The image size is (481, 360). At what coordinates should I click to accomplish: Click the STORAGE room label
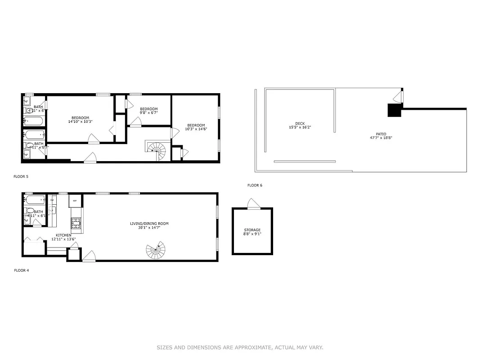(252, 230)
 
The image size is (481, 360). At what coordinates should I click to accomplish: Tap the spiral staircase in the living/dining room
(156, 250)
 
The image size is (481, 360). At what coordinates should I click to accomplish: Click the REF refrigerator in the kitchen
(75, 200)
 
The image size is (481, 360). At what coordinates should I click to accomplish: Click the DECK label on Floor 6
(300, 123)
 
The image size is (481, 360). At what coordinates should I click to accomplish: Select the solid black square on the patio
(394, 110)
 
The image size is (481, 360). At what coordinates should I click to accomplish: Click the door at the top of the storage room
(253, 205)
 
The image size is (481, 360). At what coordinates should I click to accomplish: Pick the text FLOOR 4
(21, 270)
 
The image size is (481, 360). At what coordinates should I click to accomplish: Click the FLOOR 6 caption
(255, 185)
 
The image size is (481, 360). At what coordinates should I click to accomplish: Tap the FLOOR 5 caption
(21, 176)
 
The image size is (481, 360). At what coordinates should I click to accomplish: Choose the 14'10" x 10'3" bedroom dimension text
(80, 121)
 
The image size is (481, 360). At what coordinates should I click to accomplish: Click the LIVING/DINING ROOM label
(149, 224)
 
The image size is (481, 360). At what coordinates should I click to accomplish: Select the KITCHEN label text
(63, 235)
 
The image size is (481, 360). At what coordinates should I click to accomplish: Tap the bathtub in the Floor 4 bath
(35, 199)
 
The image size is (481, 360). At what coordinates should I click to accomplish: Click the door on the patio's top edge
(398, 96)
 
